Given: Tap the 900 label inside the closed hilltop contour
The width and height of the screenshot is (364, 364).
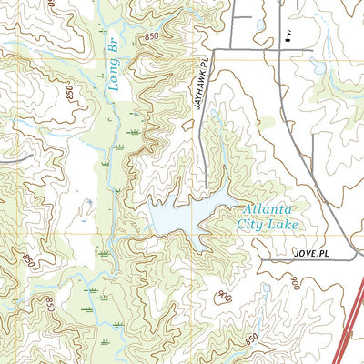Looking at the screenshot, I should pos(225,295).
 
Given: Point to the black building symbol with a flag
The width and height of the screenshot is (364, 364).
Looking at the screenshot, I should pos(287,36).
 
